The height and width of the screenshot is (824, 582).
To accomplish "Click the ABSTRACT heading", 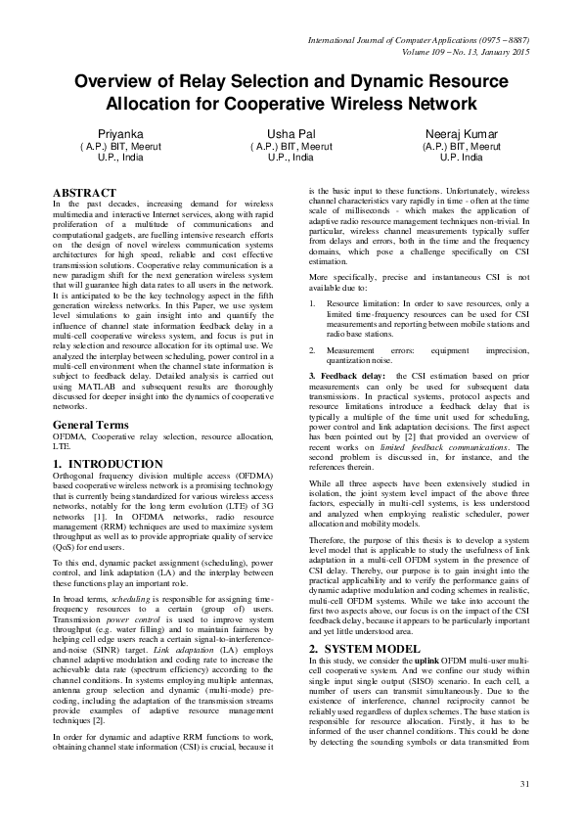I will [84, 193].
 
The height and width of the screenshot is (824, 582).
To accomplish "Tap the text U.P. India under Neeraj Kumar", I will [462, 157].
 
